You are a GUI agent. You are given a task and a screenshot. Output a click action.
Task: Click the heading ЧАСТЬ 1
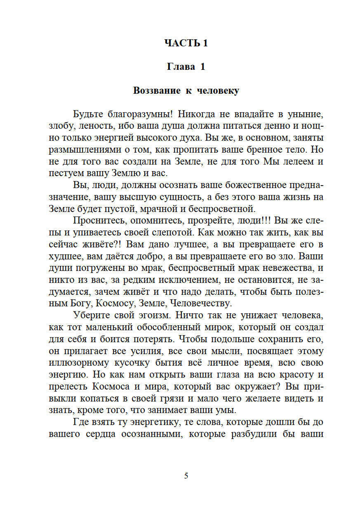[186, 43]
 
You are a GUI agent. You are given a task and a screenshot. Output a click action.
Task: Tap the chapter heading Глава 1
[186, 67]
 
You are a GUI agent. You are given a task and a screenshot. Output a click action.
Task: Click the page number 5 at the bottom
[186, 476]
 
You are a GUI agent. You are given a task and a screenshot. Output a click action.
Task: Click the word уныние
[305, 114]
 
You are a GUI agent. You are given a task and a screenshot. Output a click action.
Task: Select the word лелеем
[296, 161]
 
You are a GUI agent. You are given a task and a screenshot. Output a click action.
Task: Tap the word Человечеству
[201, 304]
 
